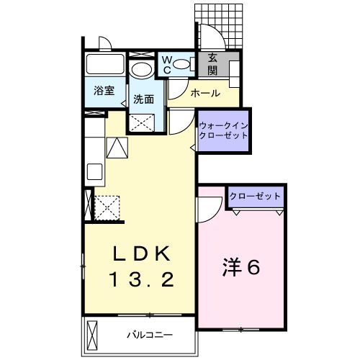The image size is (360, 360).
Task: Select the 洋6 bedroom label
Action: click(x=240, y=267)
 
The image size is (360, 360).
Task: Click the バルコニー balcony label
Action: click(x=146, y=333)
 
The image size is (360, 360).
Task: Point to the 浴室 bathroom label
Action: click(x=105, y=91)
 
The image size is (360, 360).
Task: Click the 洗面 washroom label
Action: click(x=143, y=99)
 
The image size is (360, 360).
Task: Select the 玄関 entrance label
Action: click(x=213, y=66)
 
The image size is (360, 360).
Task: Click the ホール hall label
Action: click(x=205, y=93)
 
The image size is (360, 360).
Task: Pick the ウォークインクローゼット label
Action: click(x=223, y=130)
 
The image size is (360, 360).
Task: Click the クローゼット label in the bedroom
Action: click(x=256, y=197)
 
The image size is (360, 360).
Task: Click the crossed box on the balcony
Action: click(x=92, y=335)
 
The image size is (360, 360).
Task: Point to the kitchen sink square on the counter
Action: click(x=94, y=174)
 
